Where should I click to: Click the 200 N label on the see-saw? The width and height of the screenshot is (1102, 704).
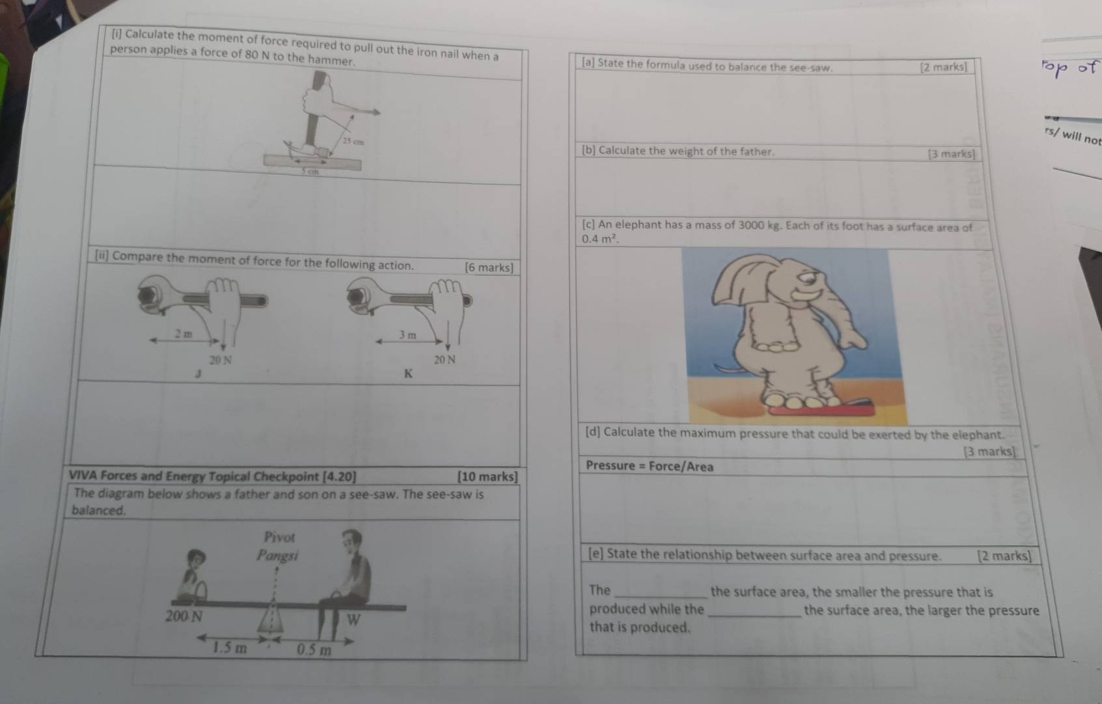coord(184,616)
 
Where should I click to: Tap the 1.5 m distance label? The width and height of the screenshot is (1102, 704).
coord(230,648)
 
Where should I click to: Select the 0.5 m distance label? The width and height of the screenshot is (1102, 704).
coord(314,649)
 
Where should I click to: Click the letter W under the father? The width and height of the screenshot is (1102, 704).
coord(353,619)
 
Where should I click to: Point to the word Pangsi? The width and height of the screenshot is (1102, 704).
coord(277,556)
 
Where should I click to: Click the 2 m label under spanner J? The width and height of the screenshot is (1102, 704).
coord(184,334)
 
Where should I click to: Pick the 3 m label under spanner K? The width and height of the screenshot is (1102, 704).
coord(407,334)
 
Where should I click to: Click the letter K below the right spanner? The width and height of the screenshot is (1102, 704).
coord(408,373)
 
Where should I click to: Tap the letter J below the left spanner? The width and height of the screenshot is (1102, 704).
coord(199,374)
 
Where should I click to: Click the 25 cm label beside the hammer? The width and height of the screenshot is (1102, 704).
coord(353,141)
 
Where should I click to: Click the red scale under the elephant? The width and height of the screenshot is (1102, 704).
coord(820,410)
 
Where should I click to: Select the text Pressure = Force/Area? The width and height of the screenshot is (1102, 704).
coord(649,466)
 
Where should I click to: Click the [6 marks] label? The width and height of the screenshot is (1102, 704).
coord(489,267)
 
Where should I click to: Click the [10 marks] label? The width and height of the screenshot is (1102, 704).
coord(488,476)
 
